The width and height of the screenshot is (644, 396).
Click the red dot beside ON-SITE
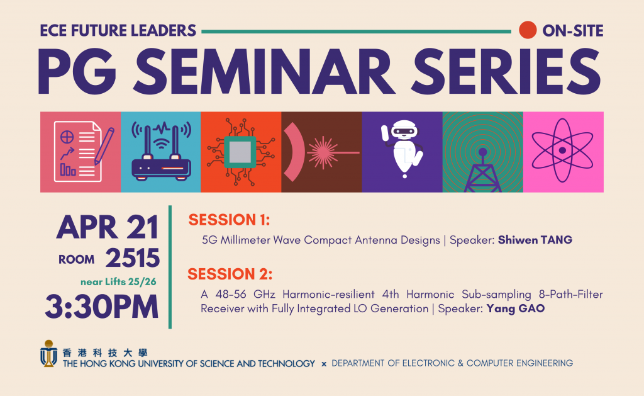(x=528, y=30)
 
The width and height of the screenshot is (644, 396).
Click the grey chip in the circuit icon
(x=240, y=152)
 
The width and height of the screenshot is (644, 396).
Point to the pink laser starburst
(x=323, y=152)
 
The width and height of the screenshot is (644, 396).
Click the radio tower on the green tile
(x=482, y=170)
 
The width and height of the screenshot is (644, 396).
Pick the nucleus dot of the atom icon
(x=562, y=150)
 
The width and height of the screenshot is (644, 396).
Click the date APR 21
(x=108, y=227)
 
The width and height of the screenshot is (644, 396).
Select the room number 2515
(x=132, y=258)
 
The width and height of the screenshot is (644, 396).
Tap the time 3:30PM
(x=102, y=307)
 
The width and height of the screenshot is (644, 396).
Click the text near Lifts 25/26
(x=118, y=281)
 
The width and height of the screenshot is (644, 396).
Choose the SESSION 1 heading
(x=229, y=220)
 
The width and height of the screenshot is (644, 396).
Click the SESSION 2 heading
(x=230, y=274)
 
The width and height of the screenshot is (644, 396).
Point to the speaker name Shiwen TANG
(x=535, y=240)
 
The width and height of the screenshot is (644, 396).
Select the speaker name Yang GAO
(x=516, y=308)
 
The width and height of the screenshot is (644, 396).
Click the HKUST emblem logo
(x=48, y=353)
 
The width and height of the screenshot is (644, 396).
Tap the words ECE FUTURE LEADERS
(x=118, y=31)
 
